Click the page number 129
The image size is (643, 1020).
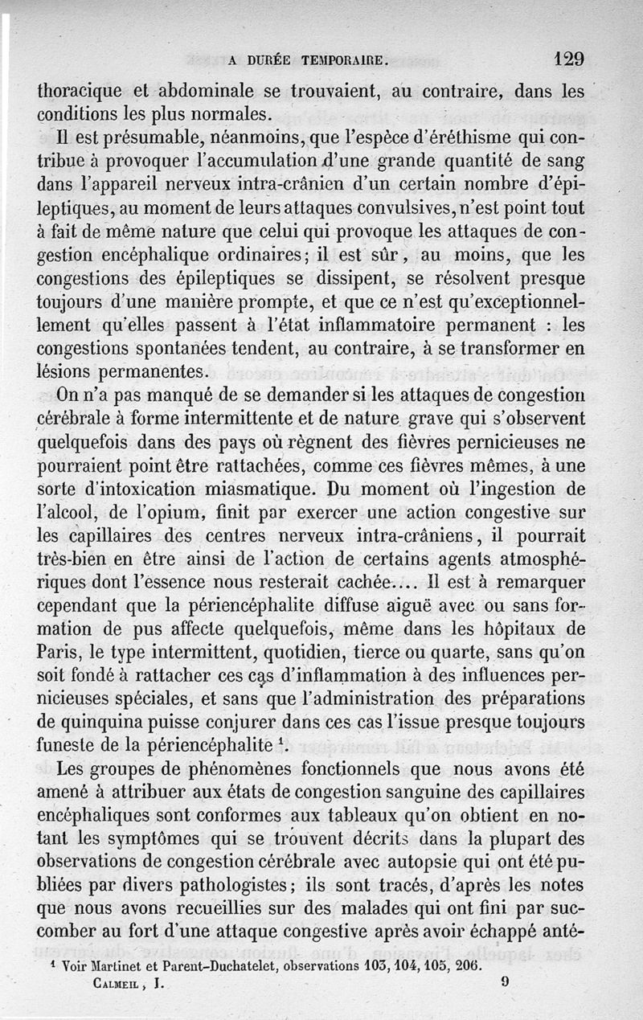click(568, 58)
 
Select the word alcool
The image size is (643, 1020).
click(68, 512)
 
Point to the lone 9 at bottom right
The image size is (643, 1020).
click(504, 982)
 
